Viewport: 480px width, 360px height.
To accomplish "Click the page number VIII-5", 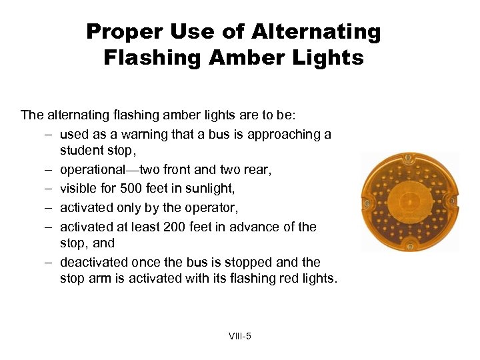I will point(239,336).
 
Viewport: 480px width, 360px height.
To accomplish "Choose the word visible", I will point(79,189).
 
